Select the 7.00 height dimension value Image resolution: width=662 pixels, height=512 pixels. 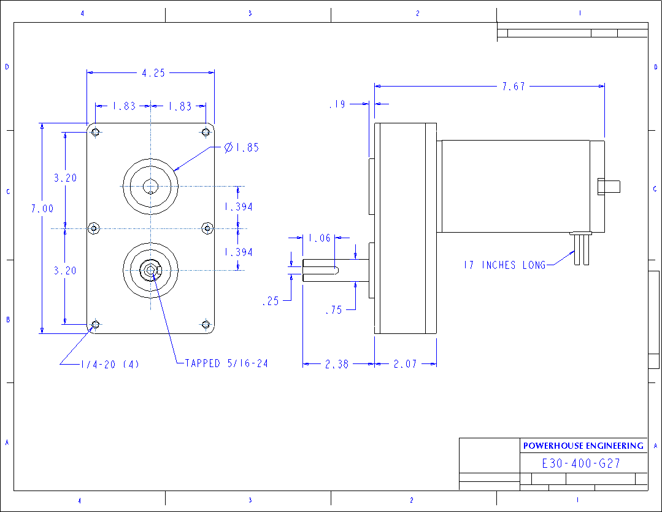[x=42, y=209]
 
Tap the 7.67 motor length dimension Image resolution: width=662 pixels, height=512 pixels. [x=514, y=87]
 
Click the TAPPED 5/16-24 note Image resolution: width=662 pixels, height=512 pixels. [x=226, y=363]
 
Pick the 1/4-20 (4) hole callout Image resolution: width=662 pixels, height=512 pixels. [x=110, y=364]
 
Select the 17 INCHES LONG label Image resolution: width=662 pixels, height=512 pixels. [x=504, y=265]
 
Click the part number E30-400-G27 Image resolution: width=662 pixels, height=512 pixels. [x=581, y=464]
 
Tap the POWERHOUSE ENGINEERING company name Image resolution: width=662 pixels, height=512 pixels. [x=583, y=446]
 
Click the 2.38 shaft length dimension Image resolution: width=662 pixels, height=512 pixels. [x=336, y=364]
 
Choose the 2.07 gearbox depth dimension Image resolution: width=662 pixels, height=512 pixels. [x=405, y=364]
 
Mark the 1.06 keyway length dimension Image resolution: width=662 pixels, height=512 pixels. [x=319, y=238]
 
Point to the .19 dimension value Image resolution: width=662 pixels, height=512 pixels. [x=337, y=105]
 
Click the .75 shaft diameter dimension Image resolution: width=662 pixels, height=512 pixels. [x=333, y=311]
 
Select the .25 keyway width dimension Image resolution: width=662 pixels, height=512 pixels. [x=270, y=301]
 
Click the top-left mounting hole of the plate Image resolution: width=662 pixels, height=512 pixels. [x=95, y=132]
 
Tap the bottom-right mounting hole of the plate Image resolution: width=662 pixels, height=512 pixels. [x=206, y=324]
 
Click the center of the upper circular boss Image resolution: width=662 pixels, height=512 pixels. [x=150, y=187]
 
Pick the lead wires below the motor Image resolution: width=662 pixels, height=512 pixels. [x=580, y=252]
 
